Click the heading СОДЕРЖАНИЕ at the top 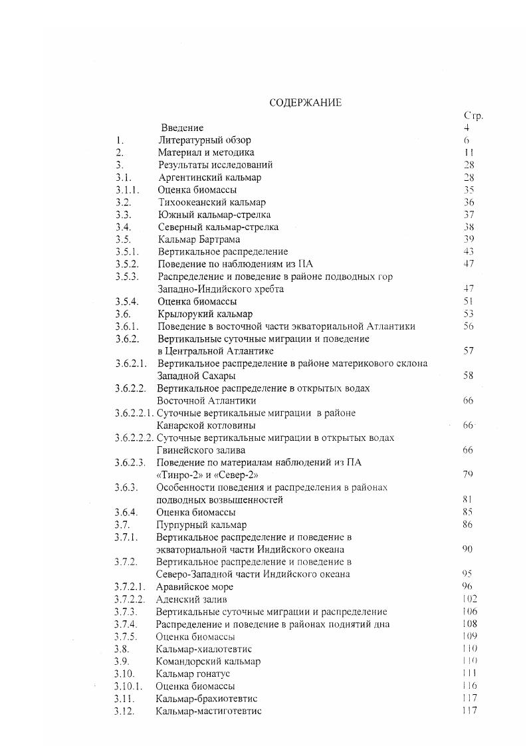tap(305, 102)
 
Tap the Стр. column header tap(473, 115)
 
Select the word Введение tap(182, 128)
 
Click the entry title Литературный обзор tap(205, 140)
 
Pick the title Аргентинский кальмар tap(209, 178)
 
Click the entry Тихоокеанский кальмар tap(212, 202)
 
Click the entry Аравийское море tap(195, 586)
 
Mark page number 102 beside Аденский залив tap(469, 599)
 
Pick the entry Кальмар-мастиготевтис tap(209, 711)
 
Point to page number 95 tap(467, 574)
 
